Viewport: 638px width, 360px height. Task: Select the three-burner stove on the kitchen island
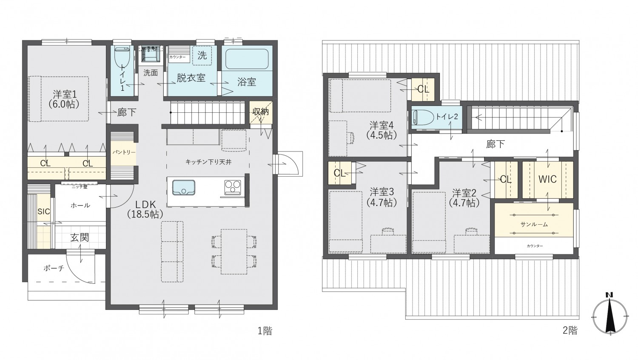[232, 187]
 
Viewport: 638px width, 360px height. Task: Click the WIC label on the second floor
[547, 179]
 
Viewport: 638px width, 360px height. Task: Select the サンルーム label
[534, 224]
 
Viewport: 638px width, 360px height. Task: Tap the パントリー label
[124, 152]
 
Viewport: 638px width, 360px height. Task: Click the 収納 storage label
[260, 112]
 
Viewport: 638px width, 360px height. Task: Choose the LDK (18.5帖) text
[145, 209]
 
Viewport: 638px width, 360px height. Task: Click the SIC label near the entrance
[43, 211]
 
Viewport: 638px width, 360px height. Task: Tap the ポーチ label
[54, 268]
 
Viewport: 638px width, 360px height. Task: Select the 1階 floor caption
[265, 331]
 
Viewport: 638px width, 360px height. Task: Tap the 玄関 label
[80, 237]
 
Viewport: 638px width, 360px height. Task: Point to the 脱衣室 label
[191, 78]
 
